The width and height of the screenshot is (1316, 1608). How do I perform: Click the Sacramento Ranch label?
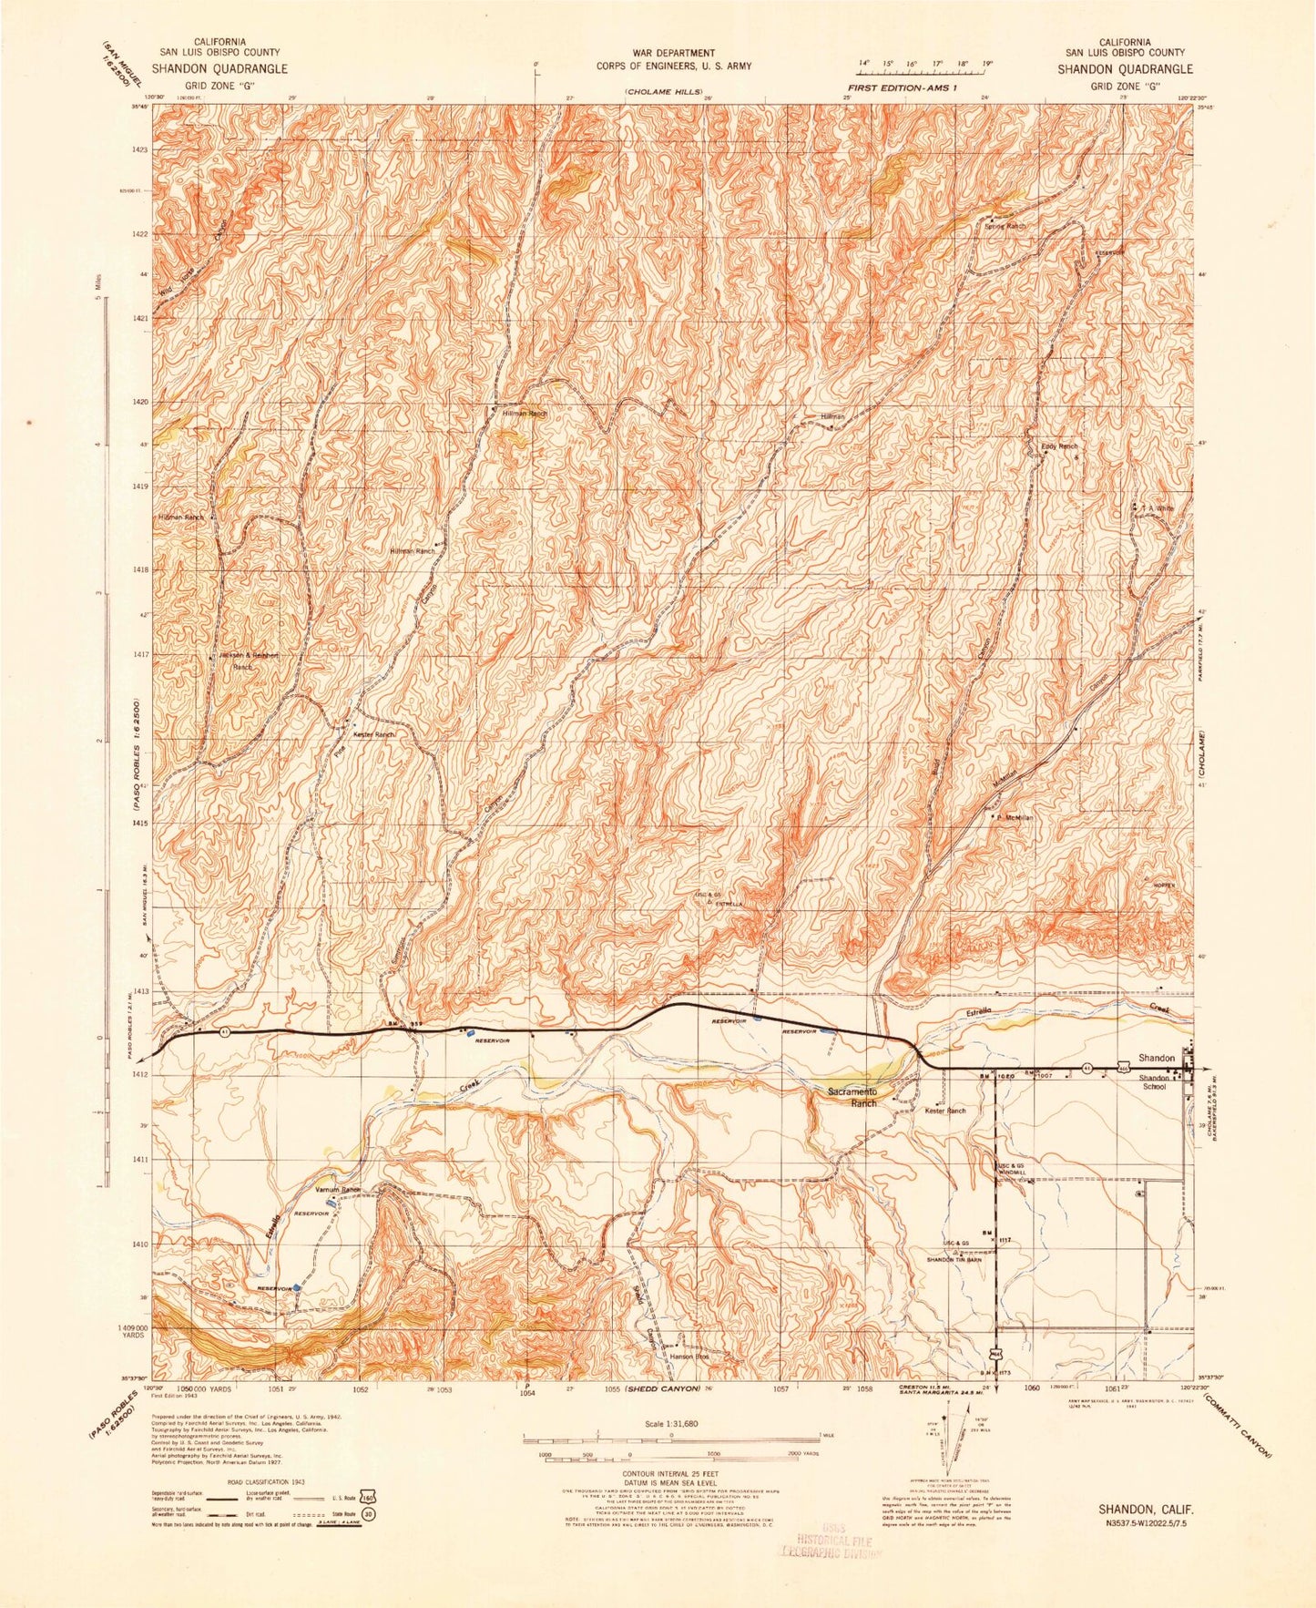852,1097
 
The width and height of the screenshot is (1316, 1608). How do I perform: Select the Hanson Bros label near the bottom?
689,1357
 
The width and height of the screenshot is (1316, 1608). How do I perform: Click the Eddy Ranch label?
1059,446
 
